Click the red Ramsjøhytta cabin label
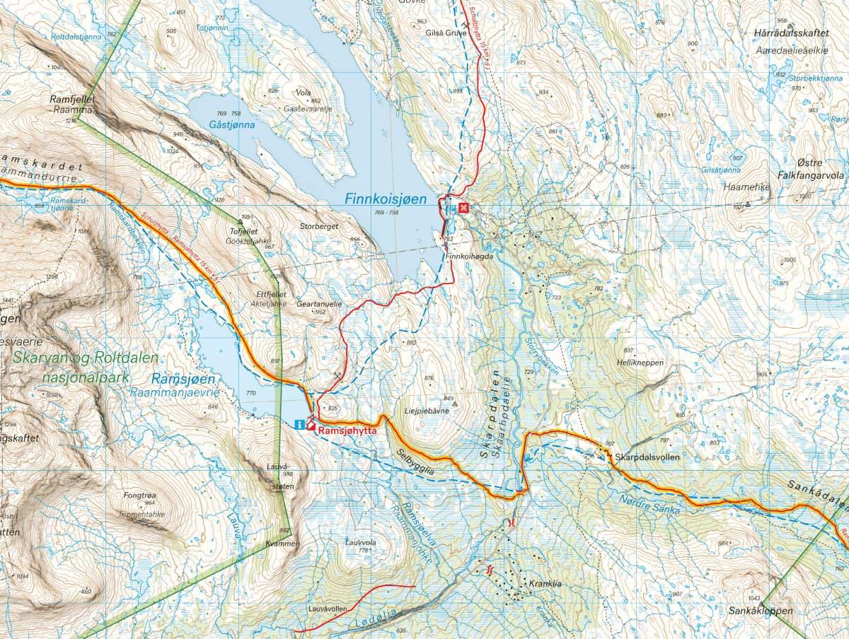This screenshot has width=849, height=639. (x=347, y=429)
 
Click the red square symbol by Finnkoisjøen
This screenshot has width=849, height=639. (x=463, y=208)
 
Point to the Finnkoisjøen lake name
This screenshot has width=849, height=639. (x=386, y=199)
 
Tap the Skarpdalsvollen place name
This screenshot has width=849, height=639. (x=647, y=457)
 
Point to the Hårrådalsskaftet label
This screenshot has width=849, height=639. (x=791, y=33)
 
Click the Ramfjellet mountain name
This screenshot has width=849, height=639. (x=72, y=100)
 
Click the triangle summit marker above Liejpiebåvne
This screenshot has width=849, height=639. (x=455, y=404)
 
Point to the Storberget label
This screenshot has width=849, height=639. (x=318, y=227)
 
